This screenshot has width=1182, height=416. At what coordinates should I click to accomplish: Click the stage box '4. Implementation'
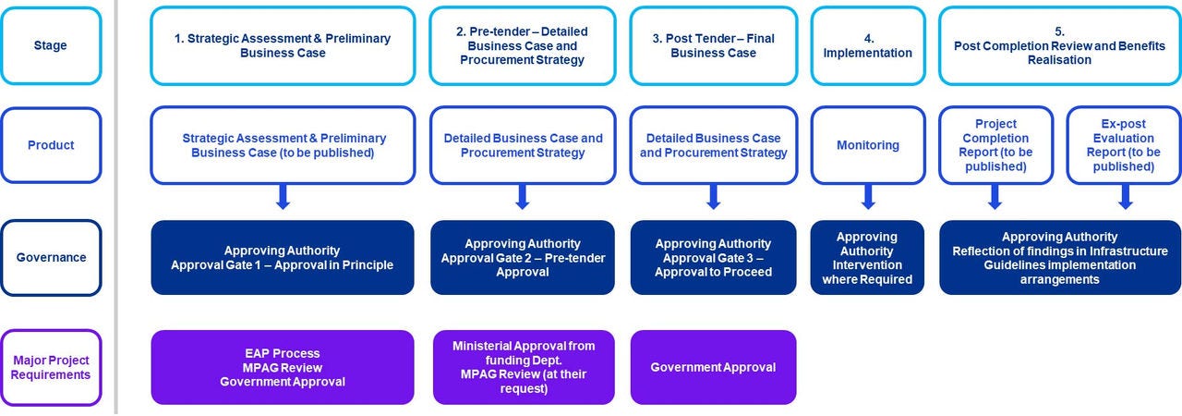pos(867,45)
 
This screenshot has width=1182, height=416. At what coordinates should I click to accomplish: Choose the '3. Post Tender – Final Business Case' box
pos(713,45)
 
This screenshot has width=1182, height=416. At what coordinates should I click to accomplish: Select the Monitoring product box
pos(867,145)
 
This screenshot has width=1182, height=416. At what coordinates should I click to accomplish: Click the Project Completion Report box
pos(995,145)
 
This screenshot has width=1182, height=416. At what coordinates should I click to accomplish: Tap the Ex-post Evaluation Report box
pos(1124,145)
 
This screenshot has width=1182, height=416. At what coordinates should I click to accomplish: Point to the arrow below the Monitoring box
pos(868,197)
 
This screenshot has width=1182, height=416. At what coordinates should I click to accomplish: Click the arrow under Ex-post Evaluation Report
pos(1125,197)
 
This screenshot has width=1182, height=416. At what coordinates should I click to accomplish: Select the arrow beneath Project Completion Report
pos(995,197)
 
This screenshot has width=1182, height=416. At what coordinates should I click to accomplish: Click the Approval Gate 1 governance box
pos(283,258)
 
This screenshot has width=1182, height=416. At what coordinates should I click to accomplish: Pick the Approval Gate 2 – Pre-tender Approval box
pos(523,258)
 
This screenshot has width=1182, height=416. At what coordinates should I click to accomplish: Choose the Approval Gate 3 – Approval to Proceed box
pos(713,258)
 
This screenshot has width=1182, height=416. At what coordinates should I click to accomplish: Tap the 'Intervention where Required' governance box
pos(867,258)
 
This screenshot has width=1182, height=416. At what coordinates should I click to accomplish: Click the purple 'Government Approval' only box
pos(713,367)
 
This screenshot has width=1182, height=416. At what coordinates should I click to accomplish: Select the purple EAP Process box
pos(283,367)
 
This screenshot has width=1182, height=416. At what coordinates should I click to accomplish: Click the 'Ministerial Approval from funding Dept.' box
pos(523,367)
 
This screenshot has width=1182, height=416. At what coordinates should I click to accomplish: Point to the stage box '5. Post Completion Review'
pos(1059,45)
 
